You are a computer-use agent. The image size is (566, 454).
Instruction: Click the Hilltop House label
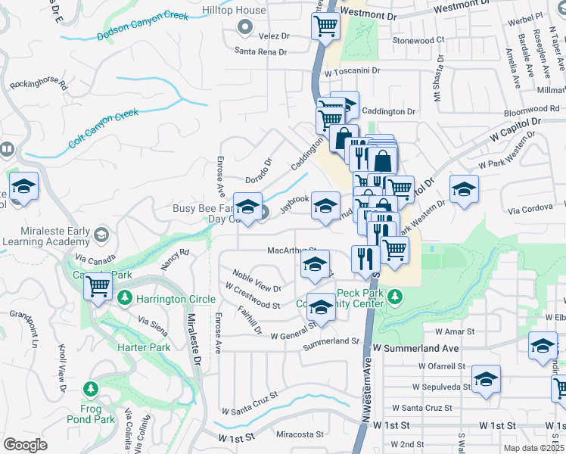click(x=234, y=11)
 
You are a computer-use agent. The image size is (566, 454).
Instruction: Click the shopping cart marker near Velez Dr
click(x=325, y=27)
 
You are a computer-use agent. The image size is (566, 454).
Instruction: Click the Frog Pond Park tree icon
click(x=91, y=389)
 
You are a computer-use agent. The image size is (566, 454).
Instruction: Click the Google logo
click(x=26, y=444)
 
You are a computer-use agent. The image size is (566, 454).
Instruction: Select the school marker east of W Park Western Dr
click(x=464, y=190)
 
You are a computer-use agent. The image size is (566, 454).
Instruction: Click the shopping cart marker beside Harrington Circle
click(x=98, y=288)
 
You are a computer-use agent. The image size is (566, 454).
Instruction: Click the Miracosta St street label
click(x=300, y=435)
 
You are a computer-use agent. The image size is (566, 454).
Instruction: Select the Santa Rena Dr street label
click(x=261, y=52)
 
